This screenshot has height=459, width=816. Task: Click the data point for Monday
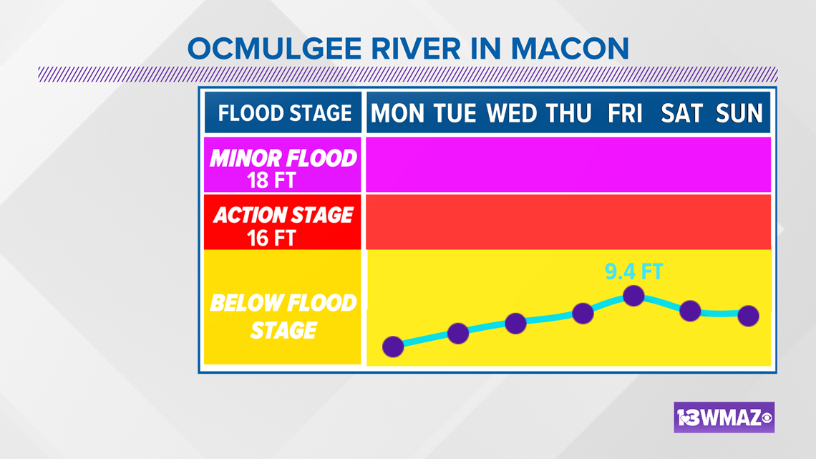coord(393,347)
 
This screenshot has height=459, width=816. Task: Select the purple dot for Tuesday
coord(458,333)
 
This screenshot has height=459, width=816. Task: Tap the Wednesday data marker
coord(515,323)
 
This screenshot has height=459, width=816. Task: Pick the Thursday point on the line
coord(583,314)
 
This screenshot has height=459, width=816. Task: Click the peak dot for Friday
coord(633,296)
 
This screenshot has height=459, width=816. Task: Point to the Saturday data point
coord(690,311)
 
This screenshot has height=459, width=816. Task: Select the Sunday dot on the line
coord(748,315)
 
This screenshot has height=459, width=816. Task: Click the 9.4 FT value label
coord(634,271)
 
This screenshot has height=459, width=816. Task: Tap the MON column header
coord(397,113)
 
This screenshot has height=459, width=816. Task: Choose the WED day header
coord(512,113)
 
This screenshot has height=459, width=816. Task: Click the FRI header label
coord(625,113)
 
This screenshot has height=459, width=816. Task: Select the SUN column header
coord(739,113)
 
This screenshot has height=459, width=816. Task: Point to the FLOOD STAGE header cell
coord(283,113)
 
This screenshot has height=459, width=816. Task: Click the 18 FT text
coord(271,180)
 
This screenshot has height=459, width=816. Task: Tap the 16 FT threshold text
coord(271,238)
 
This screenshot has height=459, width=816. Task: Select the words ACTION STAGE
coord(283,215)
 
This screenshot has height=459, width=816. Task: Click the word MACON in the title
coord(570,49)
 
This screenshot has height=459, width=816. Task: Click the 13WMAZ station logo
coord(724,417)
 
